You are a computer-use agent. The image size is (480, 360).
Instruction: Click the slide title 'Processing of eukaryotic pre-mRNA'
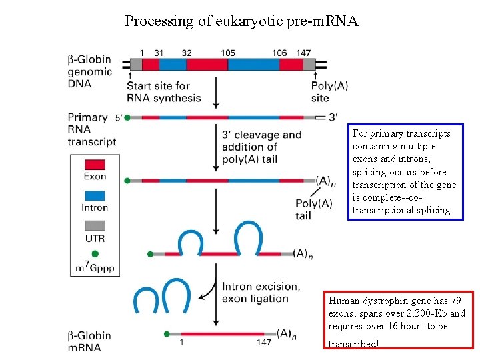coord(241,21)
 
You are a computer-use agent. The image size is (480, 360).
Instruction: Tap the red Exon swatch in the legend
coord(95,165)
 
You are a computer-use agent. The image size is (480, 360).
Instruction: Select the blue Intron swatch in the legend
coord(95,195)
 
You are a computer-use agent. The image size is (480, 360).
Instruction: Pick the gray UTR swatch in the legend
coord(95,225)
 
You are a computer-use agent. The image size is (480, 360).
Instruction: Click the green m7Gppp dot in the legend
coord(95,254)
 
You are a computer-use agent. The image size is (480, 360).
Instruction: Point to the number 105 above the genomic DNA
coord(227,53)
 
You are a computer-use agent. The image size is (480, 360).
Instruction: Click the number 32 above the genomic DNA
coord(186,53)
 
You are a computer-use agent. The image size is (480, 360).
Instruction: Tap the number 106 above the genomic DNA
coord(279,53)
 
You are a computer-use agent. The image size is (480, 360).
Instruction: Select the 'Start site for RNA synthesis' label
coord(163,92)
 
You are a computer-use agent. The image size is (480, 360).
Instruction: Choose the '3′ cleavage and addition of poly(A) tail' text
coord(261,147)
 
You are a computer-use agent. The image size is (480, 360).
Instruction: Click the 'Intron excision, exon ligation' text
coord(260,292)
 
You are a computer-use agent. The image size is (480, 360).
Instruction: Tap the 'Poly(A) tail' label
coord(313,209)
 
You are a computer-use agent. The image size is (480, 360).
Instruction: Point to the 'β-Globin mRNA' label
coord(89,341)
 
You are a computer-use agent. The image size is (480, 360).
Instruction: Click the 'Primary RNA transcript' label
coord(91,129)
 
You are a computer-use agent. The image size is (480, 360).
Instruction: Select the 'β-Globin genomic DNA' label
coord(89,71)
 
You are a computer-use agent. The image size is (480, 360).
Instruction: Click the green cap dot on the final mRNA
coord(166,333)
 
